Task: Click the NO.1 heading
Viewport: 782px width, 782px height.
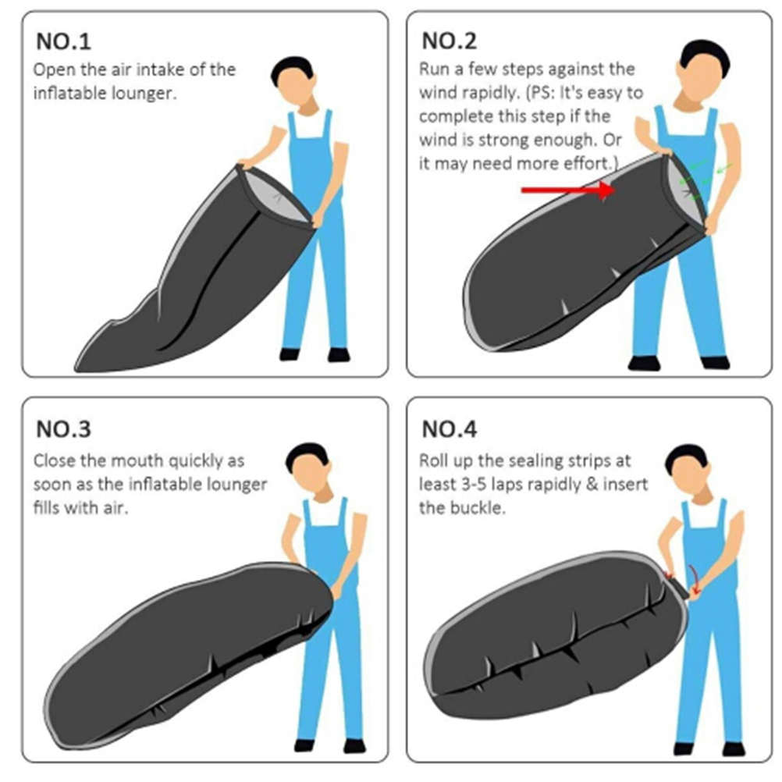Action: pyautogui.click(x=63, y=41)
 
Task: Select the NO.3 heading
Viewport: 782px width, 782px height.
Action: pyautogui.click(x=63, y=429)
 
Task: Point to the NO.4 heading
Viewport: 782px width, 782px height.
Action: pyautogui.click(x=449, y=429)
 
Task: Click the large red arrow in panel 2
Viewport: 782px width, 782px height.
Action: pyautogui.click(x=568, y=190)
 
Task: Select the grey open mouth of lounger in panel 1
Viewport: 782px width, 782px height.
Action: pyautogui.click(x=277, y=195)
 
